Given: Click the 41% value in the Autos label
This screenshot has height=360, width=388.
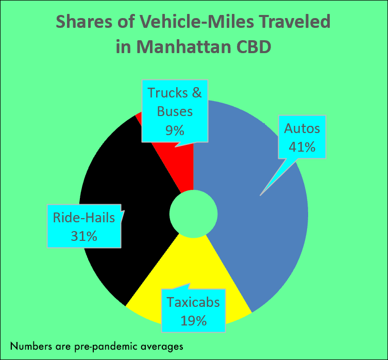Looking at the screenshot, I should tap(302, 146).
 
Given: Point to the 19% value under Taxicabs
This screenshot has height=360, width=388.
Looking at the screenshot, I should tap(194, 320).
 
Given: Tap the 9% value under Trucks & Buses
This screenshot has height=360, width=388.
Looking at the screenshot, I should tap(175, 130).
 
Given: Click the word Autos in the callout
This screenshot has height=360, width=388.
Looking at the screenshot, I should tap(302, 128).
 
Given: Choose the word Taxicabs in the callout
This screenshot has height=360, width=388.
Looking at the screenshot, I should tap(193, 302).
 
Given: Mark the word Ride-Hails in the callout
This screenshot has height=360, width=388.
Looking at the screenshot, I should tap(84, 218).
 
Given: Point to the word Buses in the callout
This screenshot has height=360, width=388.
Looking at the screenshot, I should tap(175, 111).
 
